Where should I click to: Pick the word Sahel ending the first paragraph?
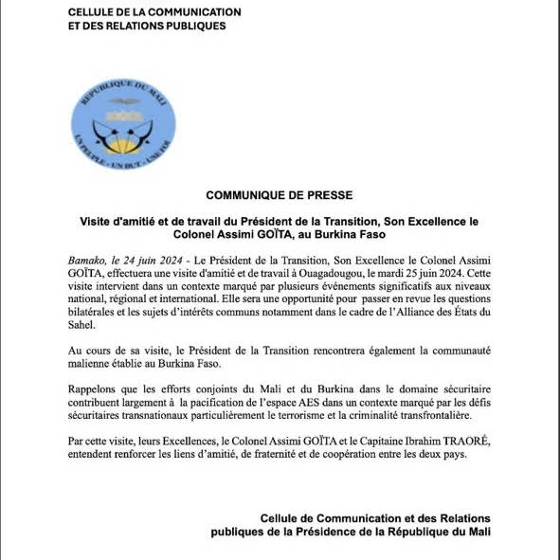point(82,323)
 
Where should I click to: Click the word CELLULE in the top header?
point(96,11)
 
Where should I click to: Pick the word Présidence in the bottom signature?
point(332,532)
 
